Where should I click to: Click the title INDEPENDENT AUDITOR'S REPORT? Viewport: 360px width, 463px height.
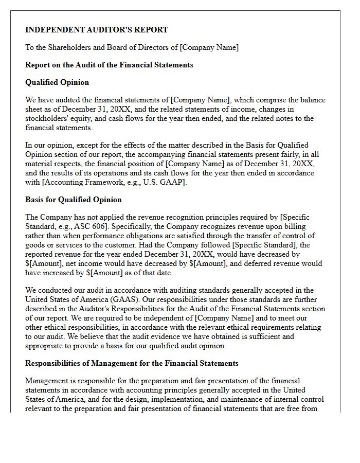(97, 30)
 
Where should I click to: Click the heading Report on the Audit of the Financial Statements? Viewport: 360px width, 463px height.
(109, 65)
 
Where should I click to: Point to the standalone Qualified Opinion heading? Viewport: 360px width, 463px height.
(57, 82)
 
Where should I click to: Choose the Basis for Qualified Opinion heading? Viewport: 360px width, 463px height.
(74, 200)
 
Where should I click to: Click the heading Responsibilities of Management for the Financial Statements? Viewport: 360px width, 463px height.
(132, 363)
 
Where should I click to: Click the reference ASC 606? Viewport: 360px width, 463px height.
(93, 226)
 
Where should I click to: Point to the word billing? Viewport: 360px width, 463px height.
(293, 226)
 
